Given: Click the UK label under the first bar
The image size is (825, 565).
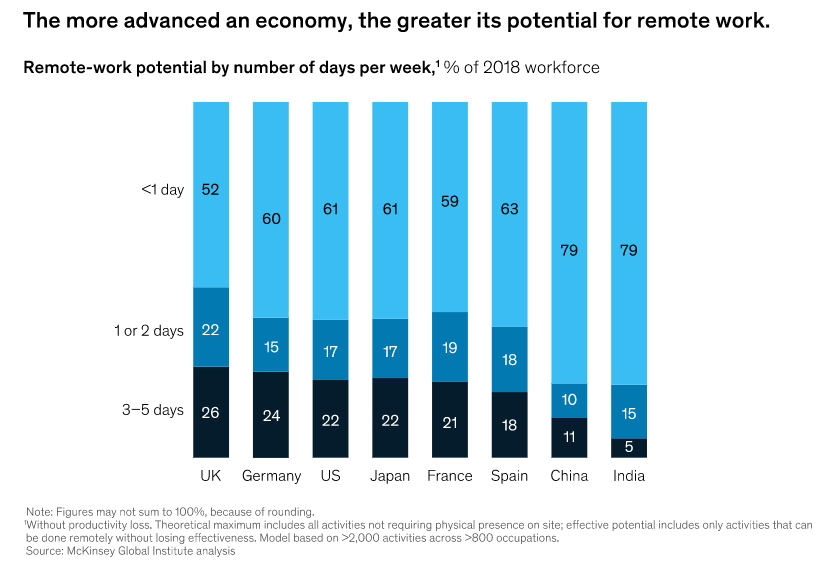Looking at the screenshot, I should (210, 475).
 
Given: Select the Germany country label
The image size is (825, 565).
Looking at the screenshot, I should (270, 475).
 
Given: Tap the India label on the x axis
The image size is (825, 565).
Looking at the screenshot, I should (629, 475).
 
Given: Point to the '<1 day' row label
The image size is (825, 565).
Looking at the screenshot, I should (163, 189).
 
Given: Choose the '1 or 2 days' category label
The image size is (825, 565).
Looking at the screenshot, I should (149, 330).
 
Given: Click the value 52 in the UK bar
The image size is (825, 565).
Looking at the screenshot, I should (210, 189).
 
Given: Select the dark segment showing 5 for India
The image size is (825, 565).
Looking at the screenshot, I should (629, 448).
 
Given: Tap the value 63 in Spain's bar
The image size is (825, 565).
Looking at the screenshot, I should (509, 210).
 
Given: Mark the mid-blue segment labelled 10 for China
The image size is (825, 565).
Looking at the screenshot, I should (569, 400).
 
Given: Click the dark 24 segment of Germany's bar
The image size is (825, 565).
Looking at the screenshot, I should (270, 415).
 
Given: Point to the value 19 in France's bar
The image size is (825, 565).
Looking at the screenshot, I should (449, 347).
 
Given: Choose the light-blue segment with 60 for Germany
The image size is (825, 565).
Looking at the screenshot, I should (270, 217).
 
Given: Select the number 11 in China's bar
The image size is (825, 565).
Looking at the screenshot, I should (569, 437).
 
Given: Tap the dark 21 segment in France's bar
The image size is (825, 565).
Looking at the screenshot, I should (449, 421).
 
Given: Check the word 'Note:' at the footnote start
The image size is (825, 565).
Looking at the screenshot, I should (42, 511).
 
